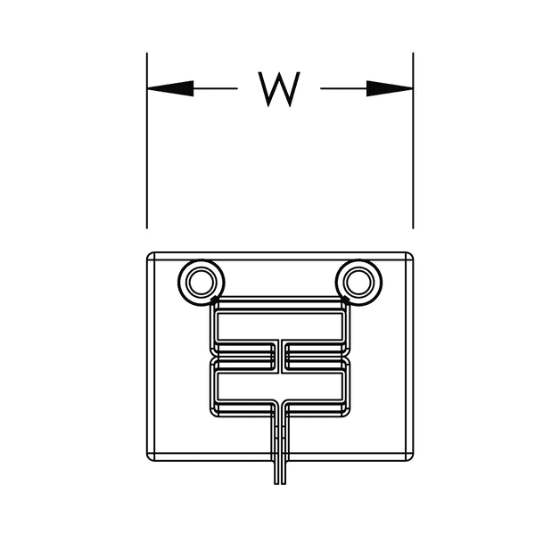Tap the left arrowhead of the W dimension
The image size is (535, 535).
pos(169,88)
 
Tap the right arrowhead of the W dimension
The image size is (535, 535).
pos(391,88)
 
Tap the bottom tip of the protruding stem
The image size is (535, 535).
pos(279,482)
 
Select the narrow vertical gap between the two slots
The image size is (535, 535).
pos(279,356)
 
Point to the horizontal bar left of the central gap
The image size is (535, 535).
pos(243,356)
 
